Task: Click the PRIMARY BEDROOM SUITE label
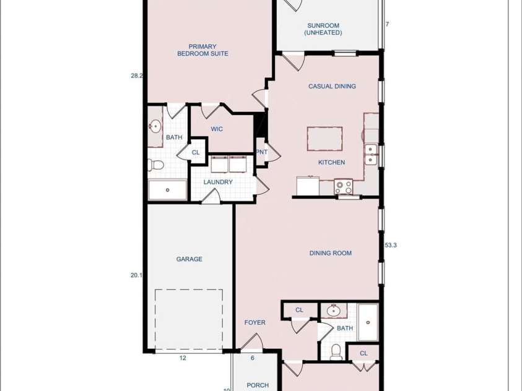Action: pyautogui.click(x=202, y=50)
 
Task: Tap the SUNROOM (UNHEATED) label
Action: pyautogui.click(x=323, y=29)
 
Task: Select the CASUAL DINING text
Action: pyautogui.click(x=332, y=86)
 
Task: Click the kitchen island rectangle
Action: pyautogui.click(x=324, y=139)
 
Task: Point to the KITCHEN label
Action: pyautogui.click(x=331, y=162)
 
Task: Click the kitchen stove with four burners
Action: pyautogui.click(x=343, y=186)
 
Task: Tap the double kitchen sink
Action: pyautogui.click(x=370, y=155)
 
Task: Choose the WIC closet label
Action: pyautogui.click(x=217, y=129)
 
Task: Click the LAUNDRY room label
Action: pyautogui.click(x=218, y=182)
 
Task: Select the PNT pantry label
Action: pyautogui.click(x=262, y=152)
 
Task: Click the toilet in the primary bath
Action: pyautogui.click(x=155, y=165)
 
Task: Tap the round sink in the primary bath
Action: pyautogui.click(x=155, y=126)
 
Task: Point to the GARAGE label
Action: pyautogui.click(x=189, y=259)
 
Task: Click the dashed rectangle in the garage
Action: pyautogui.click(x=188, y=290)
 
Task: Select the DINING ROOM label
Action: pyautogui.click(x=331, y=253)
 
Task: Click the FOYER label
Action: pyautogui.click(x=255, y=322)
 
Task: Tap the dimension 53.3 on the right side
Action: pyautogui.click(x=391, y=246)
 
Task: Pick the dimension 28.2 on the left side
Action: pyautogui.click(x=137, y=75)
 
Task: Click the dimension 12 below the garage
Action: pyautogui.click(x=183, y=358)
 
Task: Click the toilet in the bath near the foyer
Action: pyautogui.click(x=336, y=352)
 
